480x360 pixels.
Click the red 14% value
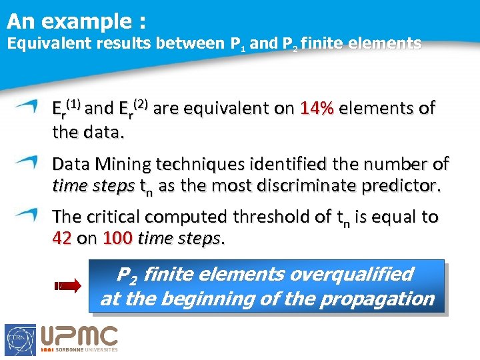click(x=317, y=109)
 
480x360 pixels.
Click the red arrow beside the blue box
click(x=67, y=287)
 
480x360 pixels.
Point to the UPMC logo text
click(x=80, y=336)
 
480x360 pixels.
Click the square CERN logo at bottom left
click(x=21, y=339)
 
